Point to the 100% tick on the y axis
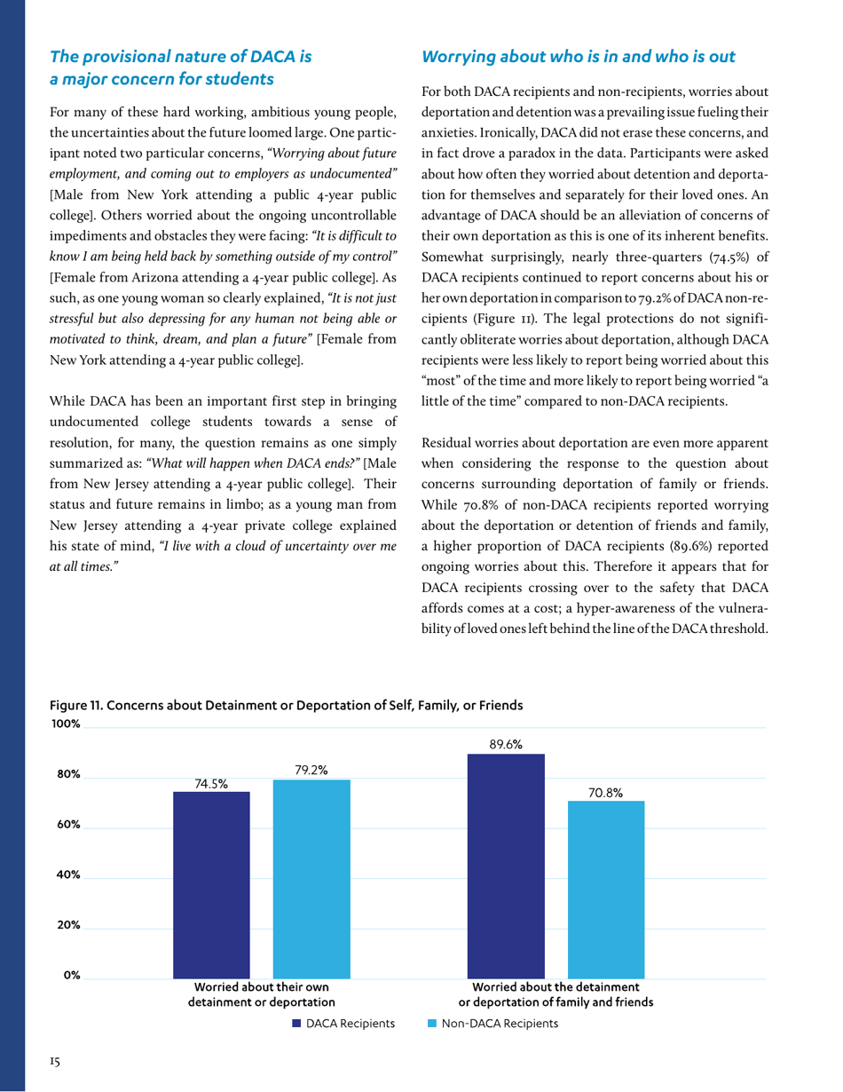point(66,724)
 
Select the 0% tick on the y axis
point(71,975)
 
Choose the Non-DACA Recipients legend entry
point(492,1024)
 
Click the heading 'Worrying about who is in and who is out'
point(578,57)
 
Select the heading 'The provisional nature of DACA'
point(181,57)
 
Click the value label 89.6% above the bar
point(505,746)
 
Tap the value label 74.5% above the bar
point(211,783)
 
